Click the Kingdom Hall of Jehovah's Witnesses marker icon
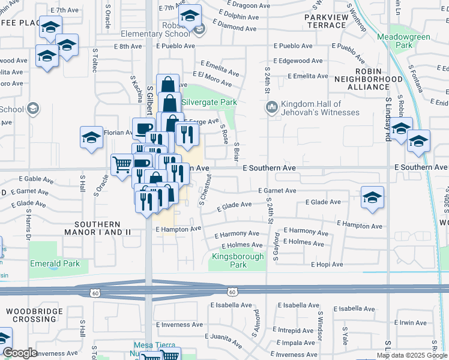pos(271,107)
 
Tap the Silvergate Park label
pos(209,103)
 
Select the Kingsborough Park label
pos(237,260)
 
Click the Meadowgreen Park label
pos(403,41)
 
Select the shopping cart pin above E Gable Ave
pos(122,163)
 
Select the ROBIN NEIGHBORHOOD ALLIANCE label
pos(368,83)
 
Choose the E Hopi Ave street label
pos(327,265)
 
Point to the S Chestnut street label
pos(205,190)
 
